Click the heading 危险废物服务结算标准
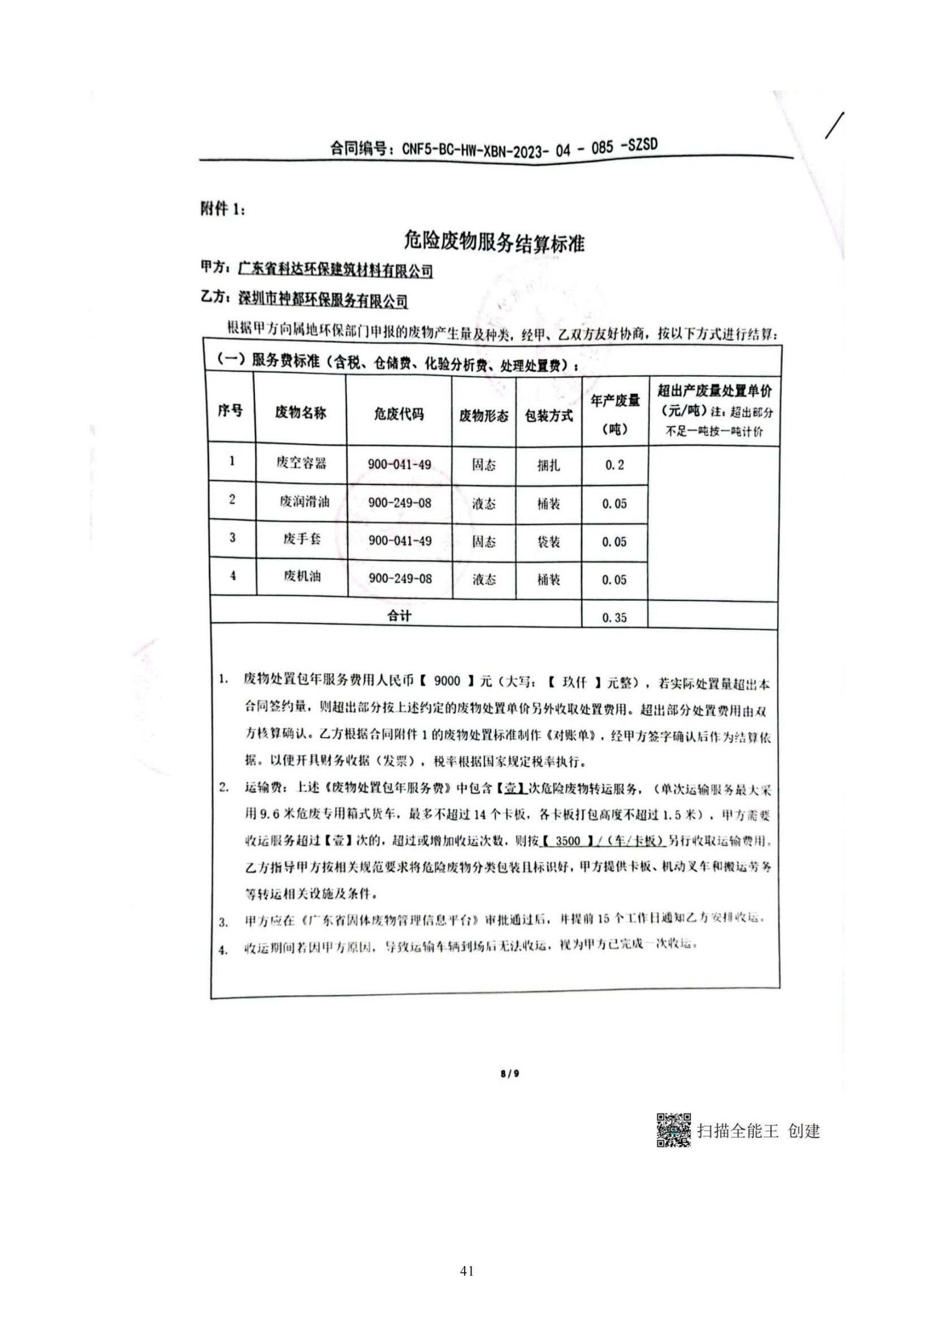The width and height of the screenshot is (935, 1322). pos(494,243)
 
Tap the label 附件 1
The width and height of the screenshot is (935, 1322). pos(223,210)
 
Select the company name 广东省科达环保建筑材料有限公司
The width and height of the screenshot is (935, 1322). pos(336,270)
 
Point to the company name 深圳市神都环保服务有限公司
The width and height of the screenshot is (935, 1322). pos(323,300)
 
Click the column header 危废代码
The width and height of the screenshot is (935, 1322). pos(399,413)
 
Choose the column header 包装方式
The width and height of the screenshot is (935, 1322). pos(549,416)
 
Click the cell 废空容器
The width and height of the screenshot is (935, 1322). pos(301,463)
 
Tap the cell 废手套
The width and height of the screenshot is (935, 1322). pos(302,539)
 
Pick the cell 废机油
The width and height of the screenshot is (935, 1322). pos(302,577)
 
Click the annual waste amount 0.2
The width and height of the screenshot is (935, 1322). pos(614,465)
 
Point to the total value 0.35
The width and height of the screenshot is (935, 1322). pos(614,618)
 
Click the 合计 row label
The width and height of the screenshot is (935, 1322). pos(399,616)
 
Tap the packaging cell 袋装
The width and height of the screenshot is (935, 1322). pos(549,542)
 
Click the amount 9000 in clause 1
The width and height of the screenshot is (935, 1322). pos(447,681)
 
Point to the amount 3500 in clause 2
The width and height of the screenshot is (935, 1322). pos(568,841)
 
